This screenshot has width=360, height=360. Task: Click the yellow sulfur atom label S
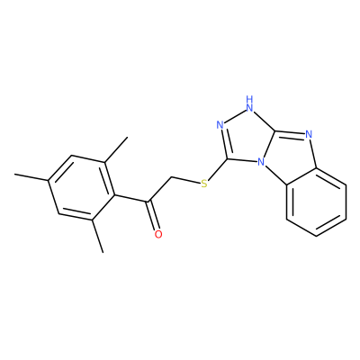[204, 184]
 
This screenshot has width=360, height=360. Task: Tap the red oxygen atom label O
[158, 234]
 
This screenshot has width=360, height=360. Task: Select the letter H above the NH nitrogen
[249, 99]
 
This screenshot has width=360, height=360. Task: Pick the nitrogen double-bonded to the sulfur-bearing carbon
[220, 125]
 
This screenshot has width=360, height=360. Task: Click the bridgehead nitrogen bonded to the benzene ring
[262, 163]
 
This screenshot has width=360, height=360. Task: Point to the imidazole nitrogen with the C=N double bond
[310, 135]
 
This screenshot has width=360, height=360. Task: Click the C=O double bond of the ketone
[153, 215]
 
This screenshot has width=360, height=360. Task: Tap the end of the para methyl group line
[14, 174]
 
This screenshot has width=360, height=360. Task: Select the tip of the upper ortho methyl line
[128, 137]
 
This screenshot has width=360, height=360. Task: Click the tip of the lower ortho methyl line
[103, 252]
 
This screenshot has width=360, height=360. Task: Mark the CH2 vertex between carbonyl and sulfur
[172, 177]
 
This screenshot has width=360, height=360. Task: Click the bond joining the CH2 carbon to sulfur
[186, 180]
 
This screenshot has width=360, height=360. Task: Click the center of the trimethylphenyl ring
[81, 188]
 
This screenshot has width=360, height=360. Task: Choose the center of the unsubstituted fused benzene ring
[316, 202]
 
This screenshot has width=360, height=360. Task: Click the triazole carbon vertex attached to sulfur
[227, 158]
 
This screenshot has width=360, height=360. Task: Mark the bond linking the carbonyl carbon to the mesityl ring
[131, 198]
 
